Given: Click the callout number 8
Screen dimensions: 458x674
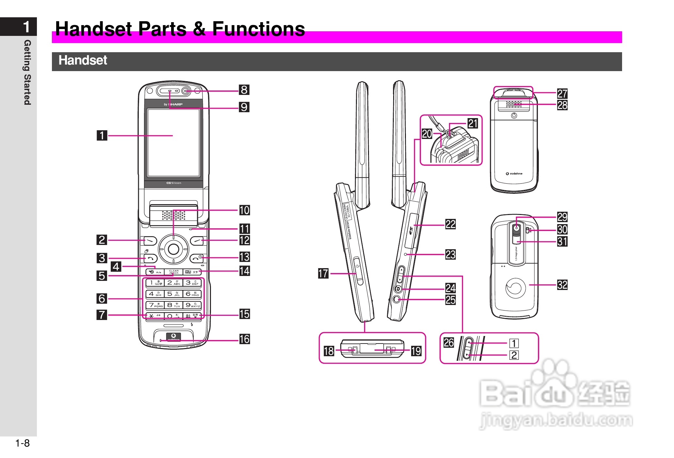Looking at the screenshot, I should tap(244, 90).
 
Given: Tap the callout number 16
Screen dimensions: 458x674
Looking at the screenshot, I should tap(244, 339).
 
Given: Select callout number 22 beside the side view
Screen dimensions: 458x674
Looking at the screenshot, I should tap(451, 224).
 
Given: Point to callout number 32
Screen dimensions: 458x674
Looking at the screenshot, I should tap(562, 285).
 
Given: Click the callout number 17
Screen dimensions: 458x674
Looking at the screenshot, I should tap(323, 273).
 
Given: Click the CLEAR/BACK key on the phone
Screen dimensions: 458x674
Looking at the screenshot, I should tap(174, 272).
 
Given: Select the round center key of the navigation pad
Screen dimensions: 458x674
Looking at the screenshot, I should tap(173, 250).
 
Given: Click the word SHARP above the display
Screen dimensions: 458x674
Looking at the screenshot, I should tap(176, 104).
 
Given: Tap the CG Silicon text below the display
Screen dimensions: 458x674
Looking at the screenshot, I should tap(174, 183).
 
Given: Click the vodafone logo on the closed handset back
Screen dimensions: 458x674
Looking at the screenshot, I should tap(514, 174).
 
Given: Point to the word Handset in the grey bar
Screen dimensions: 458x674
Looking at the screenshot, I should tap(83, 60).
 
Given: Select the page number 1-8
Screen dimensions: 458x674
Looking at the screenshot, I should tap(22, 443).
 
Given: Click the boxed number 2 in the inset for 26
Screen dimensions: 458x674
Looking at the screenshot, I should tap(514, 355).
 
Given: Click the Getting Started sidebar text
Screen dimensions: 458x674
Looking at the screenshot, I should tap(27, 72).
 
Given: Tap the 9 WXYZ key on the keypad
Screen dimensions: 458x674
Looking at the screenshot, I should tap(192, 305).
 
